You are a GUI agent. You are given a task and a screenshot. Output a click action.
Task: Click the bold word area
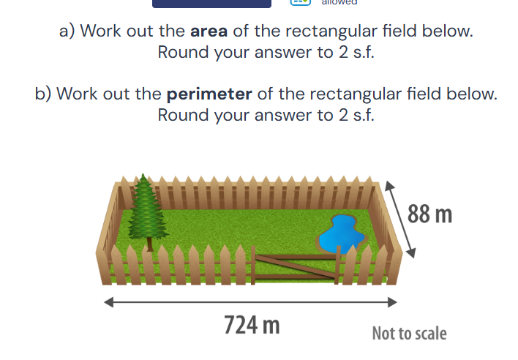point(209,32)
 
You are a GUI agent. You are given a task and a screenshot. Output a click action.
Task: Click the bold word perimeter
point(209,94)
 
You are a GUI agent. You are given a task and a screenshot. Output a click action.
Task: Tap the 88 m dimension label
point(430,215)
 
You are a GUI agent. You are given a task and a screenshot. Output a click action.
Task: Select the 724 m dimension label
point(252,324)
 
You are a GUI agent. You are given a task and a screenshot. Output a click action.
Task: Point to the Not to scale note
point(409,334)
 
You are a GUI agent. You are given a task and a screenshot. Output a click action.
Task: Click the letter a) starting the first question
point(67,32)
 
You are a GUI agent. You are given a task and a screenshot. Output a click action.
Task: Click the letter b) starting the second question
point(43,94)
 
